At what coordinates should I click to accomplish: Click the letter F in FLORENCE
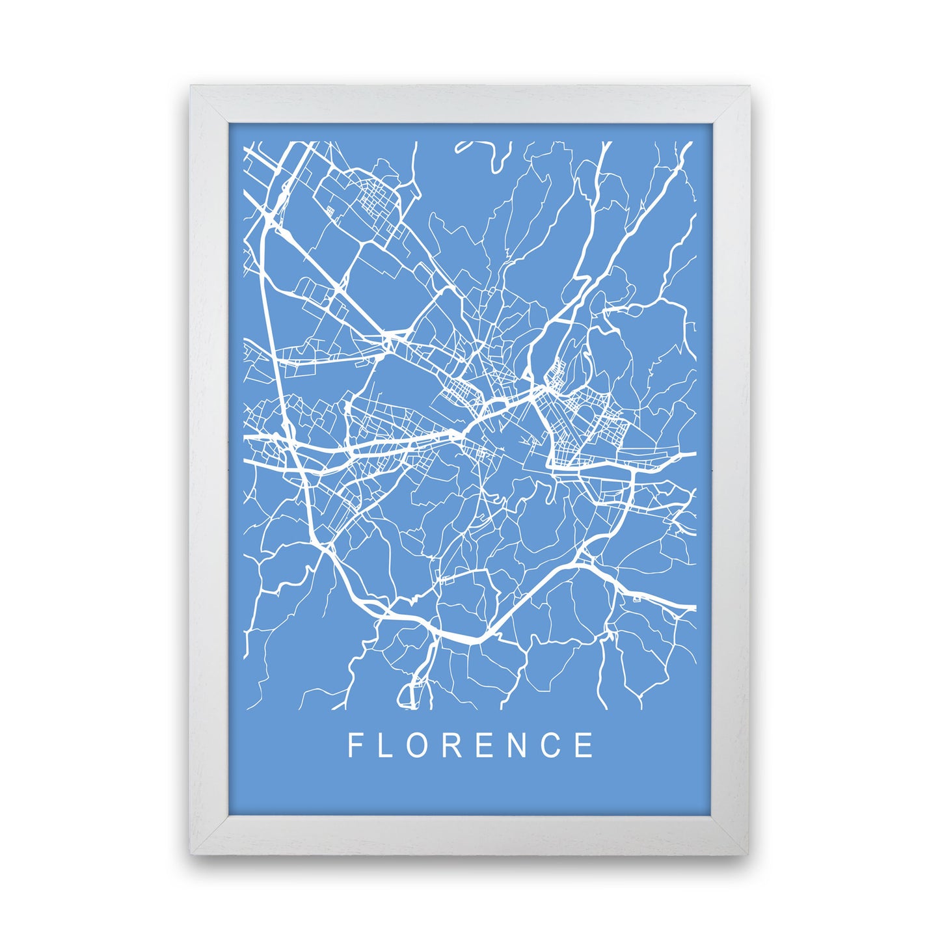click(355, 745)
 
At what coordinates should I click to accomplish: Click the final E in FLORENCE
click(585, 745)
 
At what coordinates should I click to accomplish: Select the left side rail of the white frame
click(209, 468)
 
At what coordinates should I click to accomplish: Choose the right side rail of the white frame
click(731, 468)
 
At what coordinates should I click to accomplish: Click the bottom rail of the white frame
click(470, 833)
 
